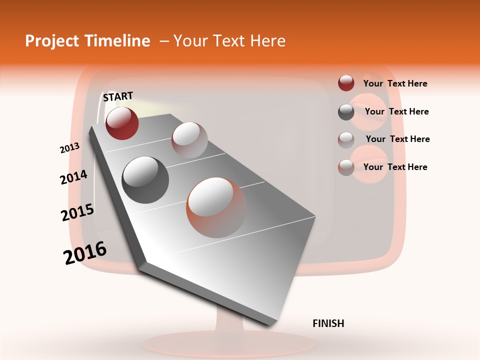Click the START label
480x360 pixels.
click(x=118, y=96)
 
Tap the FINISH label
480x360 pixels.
click(x=328, y=323)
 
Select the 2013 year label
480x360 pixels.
click(x=69, y=148)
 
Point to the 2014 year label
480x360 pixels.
click(x=73, y=177)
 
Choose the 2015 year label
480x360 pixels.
click(x=77, y=212)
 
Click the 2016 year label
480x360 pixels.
click(x=85, y=253)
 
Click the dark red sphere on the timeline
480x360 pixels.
click(x=122, y=123)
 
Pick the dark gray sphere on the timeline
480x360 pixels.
click(x=145, y=179)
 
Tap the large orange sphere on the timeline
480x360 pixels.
click(x=216, y=207)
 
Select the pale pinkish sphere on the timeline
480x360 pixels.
click(x=189, y=139)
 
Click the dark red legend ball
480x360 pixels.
click(x=346, y=83)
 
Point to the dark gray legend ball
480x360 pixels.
click(x=346, y=112)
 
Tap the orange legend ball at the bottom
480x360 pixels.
click(x=346, y=167)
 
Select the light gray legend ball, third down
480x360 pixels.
click(x=346, y=139)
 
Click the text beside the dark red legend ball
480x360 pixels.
click(x=395, y=84)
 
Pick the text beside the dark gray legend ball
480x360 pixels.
click(x=396, y=111)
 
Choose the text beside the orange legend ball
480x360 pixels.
click(x=395, y=167)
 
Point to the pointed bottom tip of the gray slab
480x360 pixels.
click(x=270, y=324)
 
